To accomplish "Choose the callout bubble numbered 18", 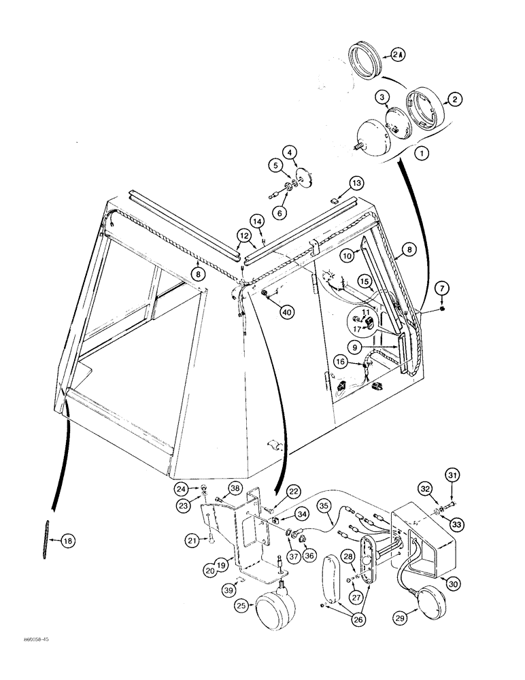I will click(67, 541).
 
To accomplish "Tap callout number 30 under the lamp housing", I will click(448, 582).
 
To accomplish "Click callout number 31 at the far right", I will click(452, 474).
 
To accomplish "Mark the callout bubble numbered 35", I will click(323, 506).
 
